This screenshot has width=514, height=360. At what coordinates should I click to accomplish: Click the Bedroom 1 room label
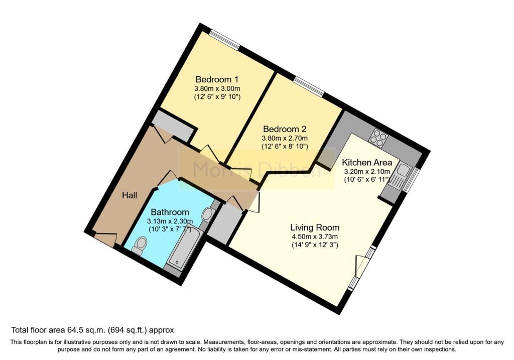point(216,79)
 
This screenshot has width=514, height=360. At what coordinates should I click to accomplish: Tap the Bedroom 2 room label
point(284,128)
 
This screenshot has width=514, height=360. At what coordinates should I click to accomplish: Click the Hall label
point(130,195)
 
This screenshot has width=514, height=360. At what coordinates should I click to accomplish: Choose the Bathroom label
point(170,212)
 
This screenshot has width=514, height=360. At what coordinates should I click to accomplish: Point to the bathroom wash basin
point(207,215)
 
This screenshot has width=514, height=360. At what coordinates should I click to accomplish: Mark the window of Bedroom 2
point(308,85)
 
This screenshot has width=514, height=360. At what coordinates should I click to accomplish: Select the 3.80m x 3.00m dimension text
point(216,88)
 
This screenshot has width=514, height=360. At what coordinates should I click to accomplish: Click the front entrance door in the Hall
point(105,239)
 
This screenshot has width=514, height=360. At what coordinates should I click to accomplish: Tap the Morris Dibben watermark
point(256,170)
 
